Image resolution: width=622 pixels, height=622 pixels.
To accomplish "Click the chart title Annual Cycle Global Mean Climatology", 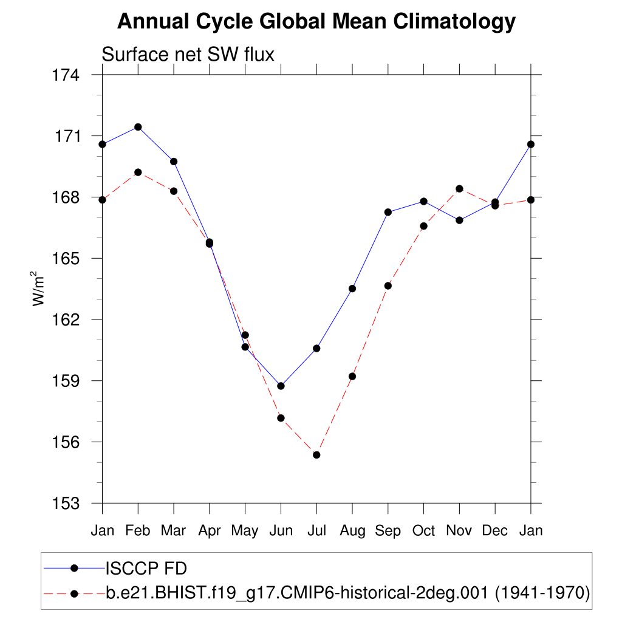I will (x=316, y=22).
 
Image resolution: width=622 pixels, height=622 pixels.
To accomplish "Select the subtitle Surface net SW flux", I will (x=188, y=55).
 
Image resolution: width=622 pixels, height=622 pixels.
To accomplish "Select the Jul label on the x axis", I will (x=316, y=531).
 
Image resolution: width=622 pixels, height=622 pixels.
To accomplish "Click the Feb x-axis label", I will (x=138, y=531).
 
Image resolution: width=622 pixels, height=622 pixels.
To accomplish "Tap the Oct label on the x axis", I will (x=423, y=531).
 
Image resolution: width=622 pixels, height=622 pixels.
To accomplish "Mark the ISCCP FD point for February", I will (x=138, y=127).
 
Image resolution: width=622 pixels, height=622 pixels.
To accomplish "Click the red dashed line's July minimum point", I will (x=316, y=455).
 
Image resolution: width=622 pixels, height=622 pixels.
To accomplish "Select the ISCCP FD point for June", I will (x=281, y=386).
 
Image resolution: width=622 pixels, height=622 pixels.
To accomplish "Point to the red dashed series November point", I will (x=459, y=189).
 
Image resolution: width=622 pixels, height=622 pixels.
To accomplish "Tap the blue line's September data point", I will (x=388, y=212).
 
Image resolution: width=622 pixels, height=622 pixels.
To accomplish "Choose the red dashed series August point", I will (x=352, y=377).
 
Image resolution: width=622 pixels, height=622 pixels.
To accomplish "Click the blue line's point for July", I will (x=316, y=348).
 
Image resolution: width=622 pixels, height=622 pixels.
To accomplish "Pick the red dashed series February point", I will (x=138, y=173).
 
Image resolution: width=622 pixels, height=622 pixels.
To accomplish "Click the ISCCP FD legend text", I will (x=146, y=569).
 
